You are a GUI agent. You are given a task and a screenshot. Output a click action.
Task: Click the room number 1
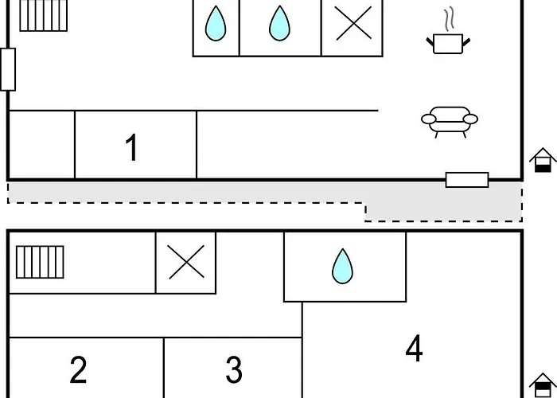click(132, 147)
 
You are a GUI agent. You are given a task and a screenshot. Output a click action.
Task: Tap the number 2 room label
click(78, 370)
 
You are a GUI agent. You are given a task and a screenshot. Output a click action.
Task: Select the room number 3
click(234, 370)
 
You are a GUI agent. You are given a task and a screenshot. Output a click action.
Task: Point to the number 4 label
click(415, 348)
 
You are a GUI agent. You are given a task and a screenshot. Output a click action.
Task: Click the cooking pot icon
click(448, 44)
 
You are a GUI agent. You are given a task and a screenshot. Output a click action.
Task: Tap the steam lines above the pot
click(450, 18)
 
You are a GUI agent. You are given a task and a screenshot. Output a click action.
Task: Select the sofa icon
click(450, 122)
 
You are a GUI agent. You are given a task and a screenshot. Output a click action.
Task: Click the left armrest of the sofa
click(428, 119)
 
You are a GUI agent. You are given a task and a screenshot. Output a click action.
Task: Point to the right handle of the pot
click(466, 42)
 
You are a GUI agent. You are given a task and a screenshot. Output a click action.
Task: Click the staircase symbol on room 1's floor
click(43, 15)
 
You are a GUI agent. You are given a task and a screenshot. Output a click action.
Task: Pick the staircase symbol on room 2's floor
click(40, 262)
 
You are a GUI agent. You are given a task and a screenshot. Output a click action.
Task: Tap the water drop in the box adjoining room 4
click(342, 266)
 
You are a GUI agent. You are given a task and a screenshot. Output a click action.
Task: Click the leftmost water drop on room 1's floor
click(216, 23)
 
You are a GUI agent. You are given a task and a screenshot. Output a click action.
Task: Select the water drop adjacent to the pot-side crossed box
click(279, 23)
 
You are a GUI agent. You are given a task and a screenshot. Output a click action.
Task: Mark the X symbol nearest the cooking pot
click(354, 23)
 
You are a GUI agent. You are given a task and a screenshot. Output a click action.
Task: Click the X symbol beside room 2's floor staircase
click(186, 262)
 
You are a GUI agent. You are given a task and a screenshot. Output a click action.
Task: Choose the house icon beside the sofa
click(543, 160)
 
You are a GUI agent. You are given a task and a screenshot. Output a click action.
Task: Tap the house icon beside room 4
click(543, 385)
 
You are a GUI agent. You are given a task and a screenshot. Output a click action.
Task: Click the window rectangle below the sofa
click(467, 180)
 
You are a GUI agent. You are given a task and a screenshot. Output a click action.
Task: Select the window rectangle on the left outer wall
click(8, 69)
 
